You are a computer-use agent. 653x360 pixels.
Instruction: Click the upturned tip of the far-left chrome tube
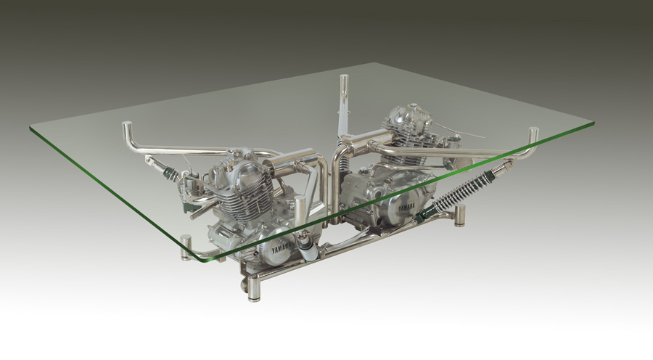[127, 128]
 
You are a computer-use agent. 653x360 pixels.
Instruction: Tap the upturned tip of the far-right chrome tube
[533, 136]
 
